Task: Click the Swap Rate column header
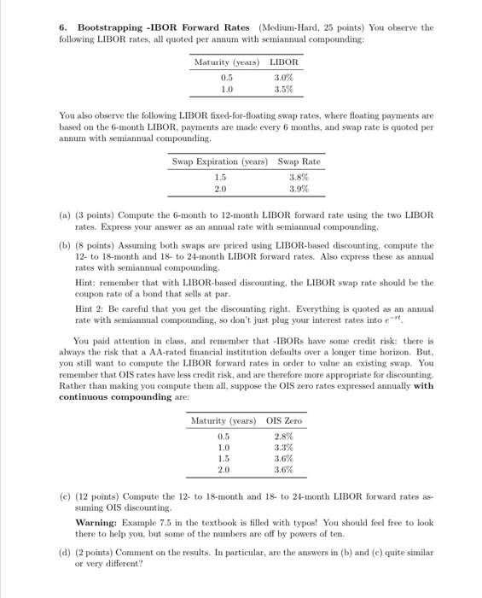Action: click(x=299, y=162)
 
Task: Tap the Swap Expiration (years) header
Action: click(x=220, y=162)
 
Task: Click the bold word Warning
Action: click(x=101, y=521)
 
